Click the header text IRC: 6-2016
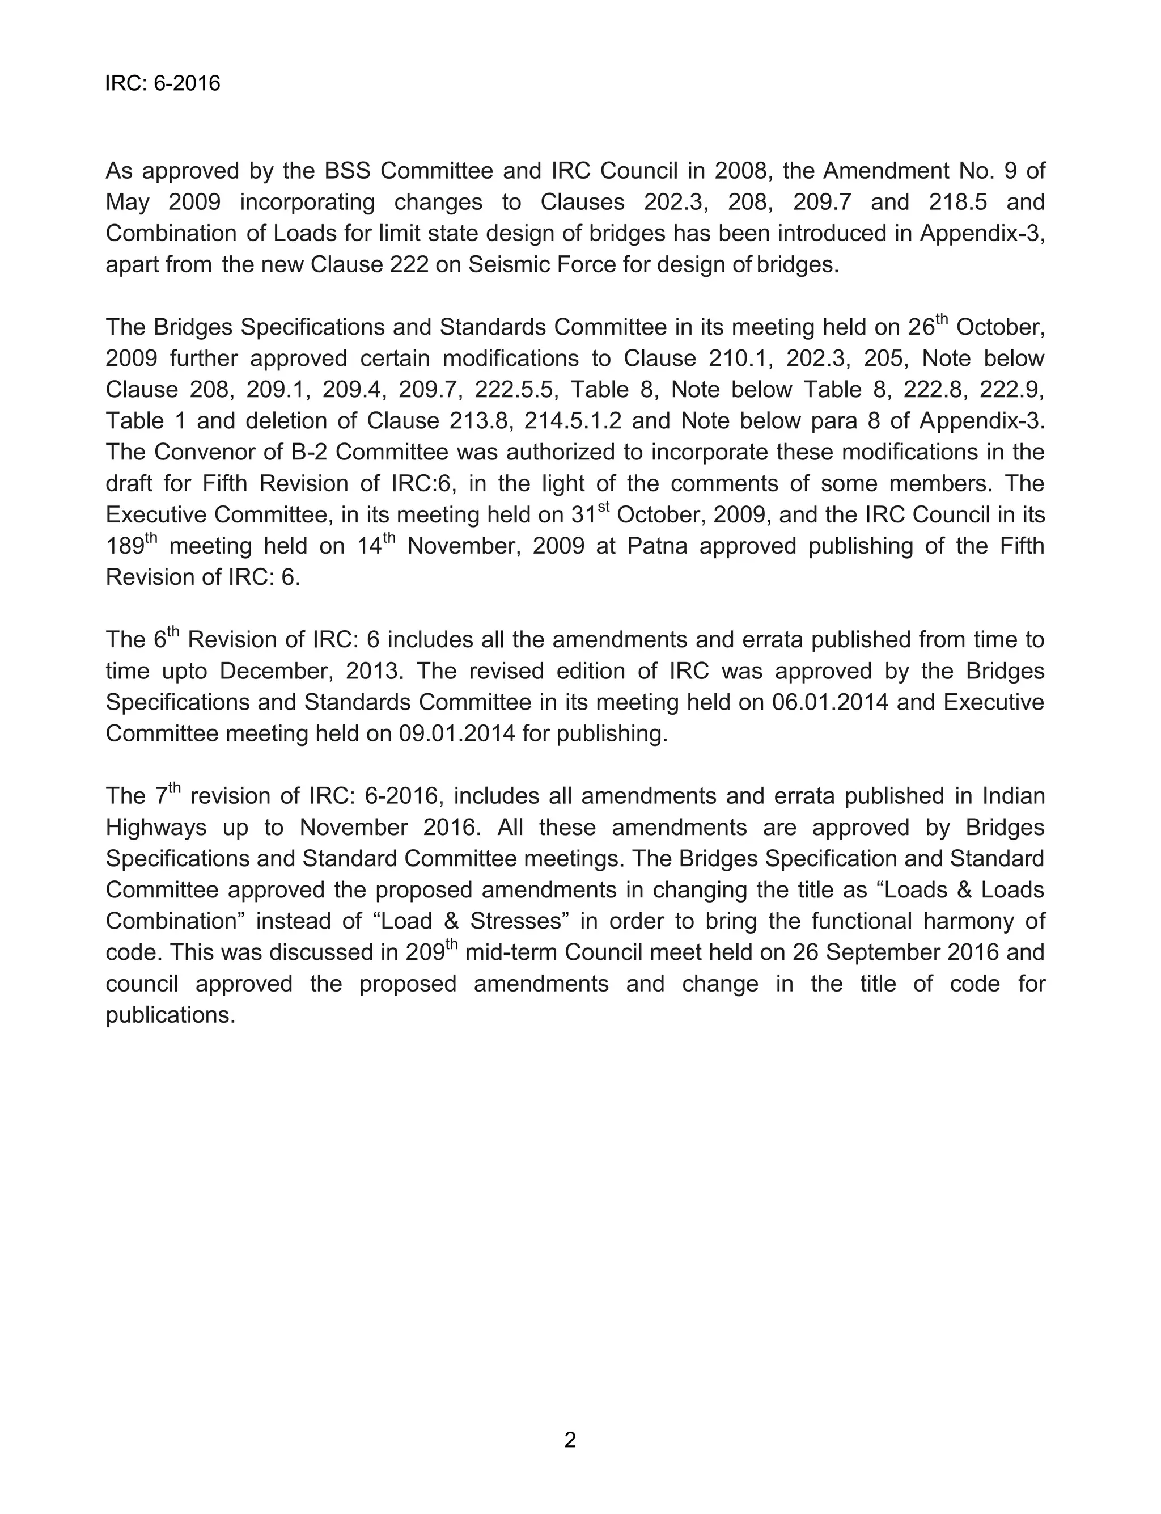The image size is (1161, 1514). click(162, 83)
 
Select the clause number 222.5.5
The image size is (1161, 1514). click(514, 389)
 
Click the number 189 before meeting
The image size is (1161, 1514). click(124, 547)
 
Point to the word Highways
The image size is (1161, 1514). click(156, 828)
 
